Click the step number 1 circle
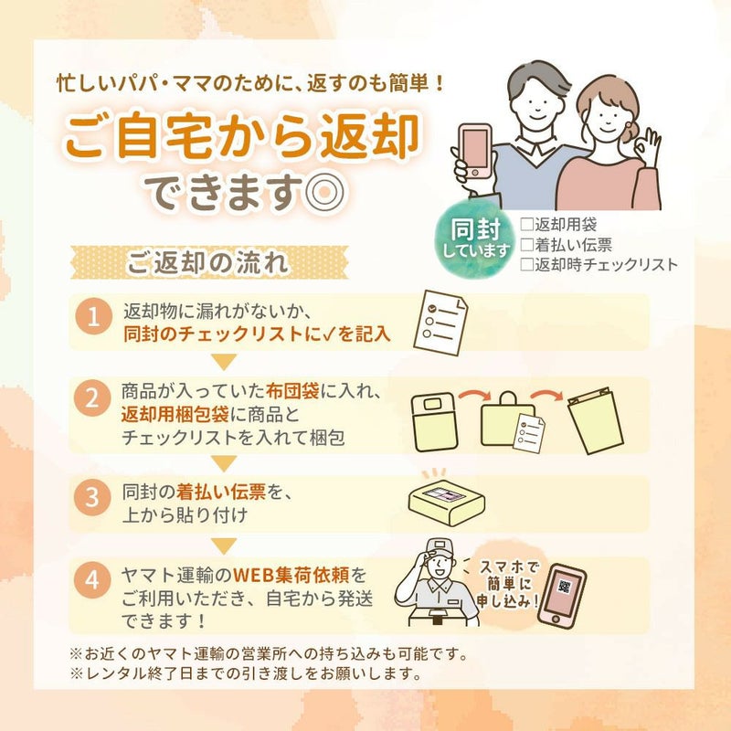pos(94,316)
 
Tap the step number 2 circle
pos(92,398)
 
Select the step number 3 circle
pos(92,497)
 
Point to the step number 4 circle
pos(92,580)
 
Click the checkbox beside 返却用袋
pos(527,224)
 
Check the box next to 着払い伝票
pos(527,244)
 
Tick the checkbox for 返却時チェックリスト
pos(527,264)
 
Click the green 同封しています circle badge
pos(474,239)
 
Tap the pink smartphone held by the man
pos(475,151)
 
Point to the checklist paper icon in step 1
pos(441,323)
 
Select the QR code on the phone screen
pos(565,587)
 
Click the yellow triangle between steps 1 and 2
pos(224,362)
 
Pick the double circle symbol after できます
pos(325,191)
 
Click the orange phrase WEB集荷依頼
pos(291,575)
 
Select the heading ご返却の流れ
pos(207,262)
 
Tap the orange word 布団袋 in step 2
pos(292,391)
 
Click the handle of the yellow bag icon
pos(507,397)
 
